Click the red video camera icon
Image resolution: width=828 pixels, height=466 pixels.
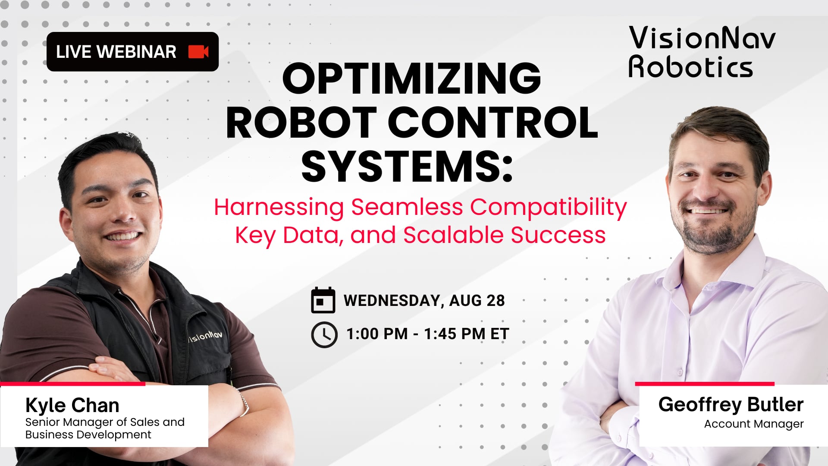(198, 52)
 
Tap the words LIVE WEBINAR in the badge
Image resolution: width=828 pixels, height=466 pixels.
(116, 52)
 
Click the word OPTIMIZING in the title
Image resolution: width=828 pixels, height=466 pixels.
(411, 79)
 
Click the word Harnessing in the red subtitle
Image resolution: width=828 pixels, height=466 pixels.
(279, 208)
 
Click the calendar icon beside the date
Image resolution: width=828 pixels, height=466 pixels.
(323, 300)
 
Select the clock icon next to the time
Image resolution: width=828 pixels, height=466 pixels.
(324, 334)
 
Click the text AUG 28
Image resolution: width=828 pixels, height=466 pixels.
(477, 300)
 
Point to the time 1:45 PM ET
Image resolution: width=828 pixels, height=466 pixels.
(466, 334)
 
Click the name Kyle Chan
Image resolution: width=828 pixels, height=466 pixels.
(72, 405)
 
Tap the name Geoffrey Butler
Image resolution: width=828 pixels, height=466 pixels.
(731, 404)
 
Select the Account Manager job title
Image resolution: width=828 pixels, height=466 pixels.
(753, 424)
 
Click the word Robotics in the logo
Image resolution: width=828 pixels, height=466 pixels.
(690, 68)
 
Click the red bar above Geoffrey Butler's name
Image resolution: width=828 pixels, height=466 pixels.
(704, 384)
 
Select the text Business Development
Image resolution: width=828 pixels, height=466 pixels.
(88, 435)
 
